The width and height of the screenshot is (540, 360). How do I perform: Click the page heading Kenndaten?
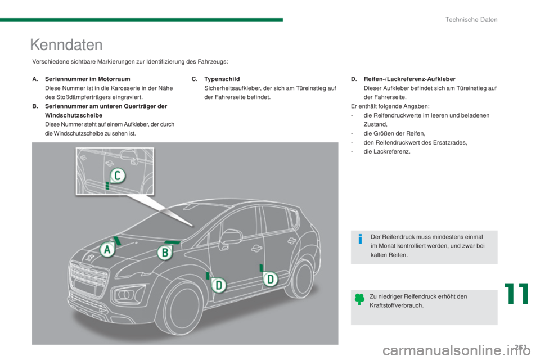pyautogui.click(x=66, y=45)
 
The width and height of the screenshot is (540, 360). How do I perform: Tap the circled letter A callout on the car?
pyautogui.click(x=107, y=249)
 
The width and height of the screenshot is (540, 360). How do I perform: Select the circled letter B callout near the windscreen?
pyautogui.click(x=165, y=253)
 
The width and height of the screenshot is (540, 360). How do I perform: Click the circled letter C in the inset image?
pyautogui.click(x=118, y=175)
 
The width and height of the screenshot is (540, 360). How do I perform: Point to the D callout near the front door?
pyautogui.click(x=219, y=285)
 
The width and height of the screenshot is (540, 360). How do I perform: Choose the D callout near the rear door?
pyautogui.click(x=271, y=278)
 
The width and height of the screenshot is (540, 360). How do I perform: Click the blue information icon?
pyautogui.click(x=360, y=238)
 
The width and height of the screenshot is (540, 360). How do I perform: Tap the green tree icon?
pyautogui.click(x=359, y=299)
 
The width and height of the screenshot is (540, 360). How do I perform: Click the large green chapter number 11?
pyautogui.click(x=516, y=294)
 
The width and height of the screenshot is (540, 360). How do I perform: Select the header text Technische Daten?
pyautogui.click(x=471, y=20)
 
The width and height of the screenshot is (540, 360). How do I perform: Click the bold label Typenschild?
pyautogui.click(x=222, y=79)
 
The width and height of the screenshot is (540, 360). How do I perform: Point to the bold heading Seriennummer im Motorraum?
pyautogui.click(x=88, y=79)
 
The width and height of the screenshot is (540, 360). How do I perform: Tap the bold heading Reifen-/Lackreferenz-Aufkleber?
pyautogui.click(x=409, y=79)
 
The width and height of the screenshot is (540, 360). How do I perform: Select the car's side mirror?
pyautogui.click(x=230, y=237)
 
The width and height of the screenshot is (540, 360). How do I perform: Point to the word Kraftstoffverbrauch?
pyautogui.click(x=397, y=305)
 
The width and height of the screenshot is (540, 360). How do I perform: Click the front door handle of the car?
pyautogui.click(x=256, y=247)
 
